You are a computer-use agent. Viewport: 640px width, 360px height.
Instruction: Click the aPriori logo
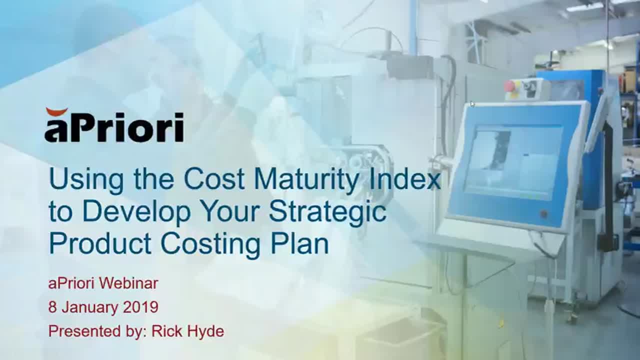coord(114,125)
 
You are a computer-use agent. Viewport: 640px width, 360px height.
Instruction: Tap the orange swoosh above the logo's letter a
coord(57,111)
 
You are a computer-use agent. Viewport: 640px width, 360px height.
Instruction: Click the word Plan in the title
coord(299,243)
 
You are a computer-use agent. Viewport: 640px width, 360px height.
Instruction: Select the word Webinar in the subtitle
coord(128,283)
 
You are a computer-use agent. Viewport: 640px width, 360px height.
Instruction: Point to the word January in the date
coord(89,307)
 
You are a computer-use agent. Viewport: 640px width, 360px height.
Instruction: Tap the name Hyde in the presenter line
coord(206,332)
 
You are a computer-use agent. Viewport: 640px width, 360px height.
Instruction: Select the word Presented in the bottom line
coord(84,331)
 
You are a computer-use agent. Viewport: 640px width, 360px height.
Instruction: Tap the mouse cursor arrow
coord(472,104)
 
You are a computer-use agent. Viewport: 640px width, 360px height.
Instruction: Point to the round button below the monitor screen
coord(543,213)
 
